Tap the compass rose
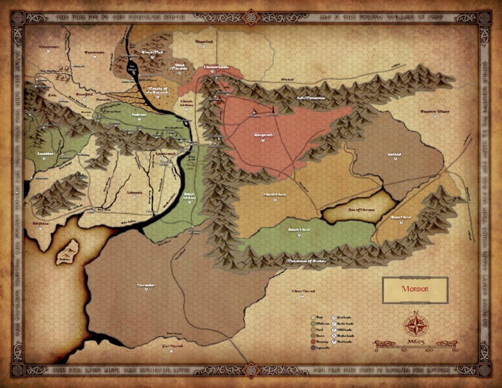414,323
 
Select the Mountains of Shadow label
305,261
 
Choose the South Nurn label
299,230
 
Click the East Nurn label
401,217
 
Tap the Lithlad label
394,155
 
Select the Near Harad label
304,290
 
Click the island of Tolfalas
67,251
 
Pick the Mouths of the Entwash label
159,89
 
